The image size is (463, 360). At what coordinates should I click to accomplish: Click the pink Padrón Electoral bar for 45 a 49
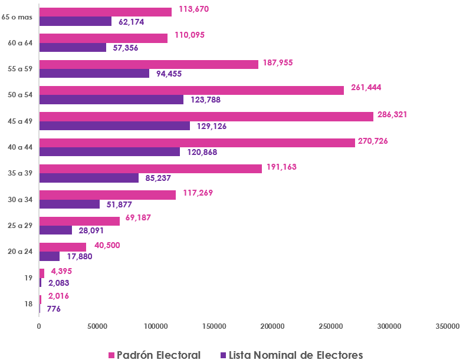click(206, 116)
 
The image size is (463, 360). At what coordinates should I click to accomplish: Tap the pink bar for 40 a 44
click(197, 143)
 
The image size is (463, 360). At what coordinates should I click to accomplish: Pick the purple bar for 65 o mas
click(75, 21)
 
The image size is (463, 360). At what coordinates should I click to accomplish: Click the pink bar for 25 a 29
click(79, 221)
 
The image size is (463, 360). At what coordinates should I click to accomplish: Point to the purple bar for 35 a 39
click(88, 177)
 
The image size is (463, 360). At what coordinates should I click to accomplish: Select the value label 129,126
click(209, 126)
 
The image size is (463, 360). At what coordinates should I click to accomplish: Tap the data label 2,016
click(58, 296)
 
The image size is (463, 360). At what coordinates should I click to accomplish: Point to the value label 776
click(54, 308)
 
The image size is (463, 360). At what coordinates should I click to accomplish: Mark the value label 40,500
click(107, 244)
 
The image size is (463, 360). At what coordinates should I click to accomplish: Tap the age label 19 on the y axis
click(28, 277)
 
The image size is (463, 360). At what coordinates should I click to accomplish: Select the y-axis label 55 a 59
click(20, 68)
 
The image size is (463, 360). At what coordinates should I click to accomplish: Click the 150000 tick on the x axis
click(214, 326)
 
